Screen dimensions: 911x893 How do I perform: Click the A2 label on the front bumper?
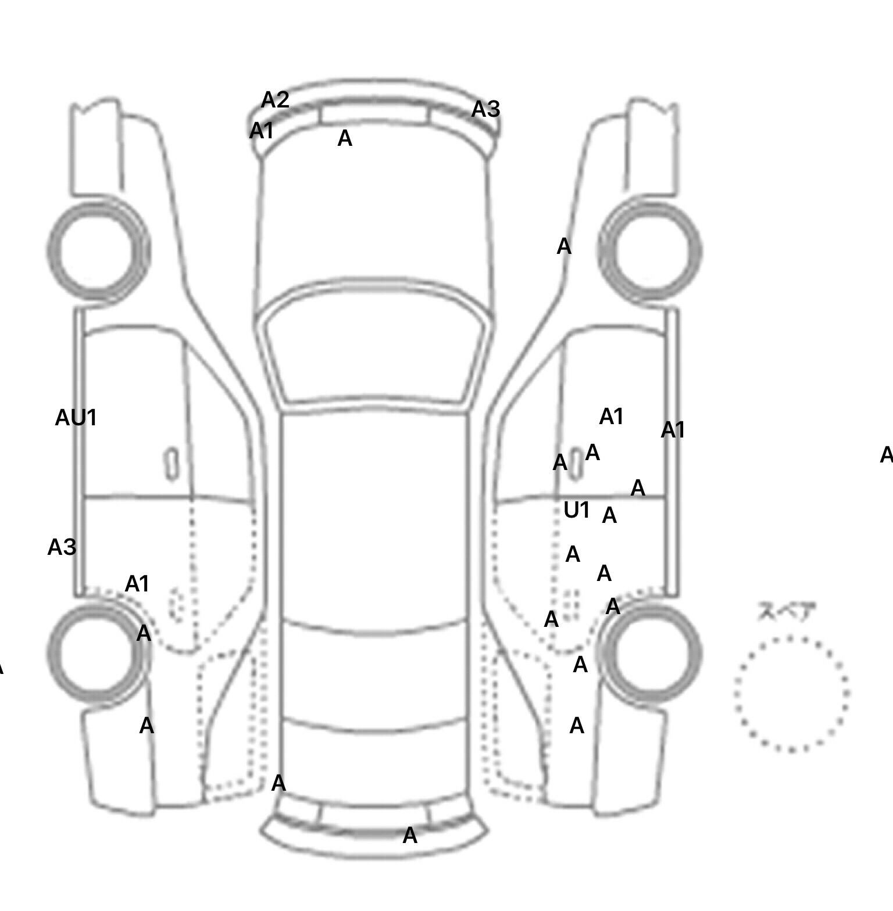[275, 101]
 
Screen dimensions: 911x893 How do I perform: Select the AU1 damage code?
[76, 418]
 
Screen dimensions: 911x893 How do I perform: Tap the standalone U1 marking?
[576, 510]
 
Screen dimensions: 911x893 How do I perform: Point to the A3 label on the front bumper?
[485, 109]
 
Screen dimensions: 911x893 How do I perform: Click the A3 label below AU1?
[62, 547]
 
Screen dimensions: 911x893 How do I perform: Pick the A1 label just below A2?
[261, 131]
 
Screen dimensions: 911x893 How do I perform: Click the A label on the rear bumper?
[410, 836]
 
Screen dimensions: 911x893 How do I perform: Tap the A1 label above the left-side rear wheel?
[137, 584]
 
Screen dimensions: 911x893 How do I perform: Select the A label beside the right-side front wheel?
[564, 247]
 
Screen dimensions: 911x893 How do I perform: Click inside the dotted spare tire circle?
[791, 694]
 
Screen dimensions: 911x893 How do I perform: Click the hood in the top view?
[375, 221]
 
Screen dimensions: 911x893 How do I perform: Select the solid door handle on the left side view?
[172, 464]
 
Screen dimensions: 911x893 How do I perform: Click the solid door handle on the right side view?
[575, 464]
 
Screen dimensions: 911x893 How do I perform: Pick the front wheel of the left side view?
[98, 250]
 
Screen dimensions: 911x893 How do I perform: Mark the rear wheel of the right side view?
[651, 652]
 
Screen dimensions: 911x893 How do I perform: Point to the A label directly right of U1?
[609, 515]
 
